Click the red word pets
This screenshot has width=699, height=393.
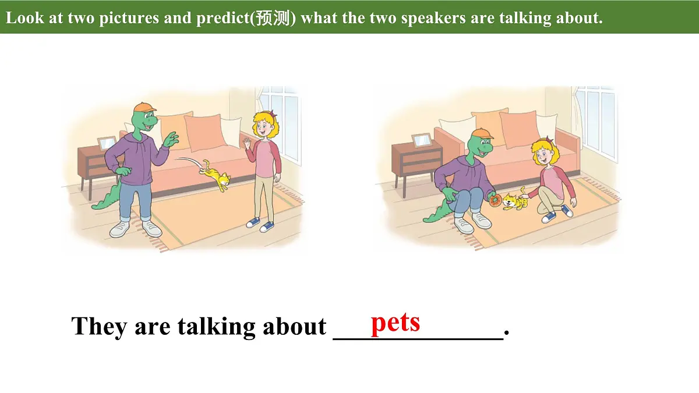[395, 322]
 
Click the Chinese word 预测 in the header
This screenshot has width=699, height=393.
[274, 18]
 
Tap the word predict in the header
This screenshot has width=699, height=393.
[223, 18]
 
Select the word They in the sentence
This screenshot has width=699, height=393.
[99, 326]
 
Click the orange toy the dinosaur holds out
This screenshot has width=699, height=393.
[495, 201]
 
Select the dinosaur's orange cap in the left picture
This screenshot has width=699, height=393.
[144, 108]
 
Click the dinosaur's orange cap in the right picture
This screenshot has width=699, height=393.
[481, 134]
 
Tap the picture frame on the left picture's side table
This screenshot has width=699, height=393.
[106, 143]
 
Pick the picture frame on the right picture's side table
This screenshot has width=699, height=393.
[421, 140]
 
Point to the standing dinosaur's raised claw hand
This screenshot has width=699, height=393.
[171, 139]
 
